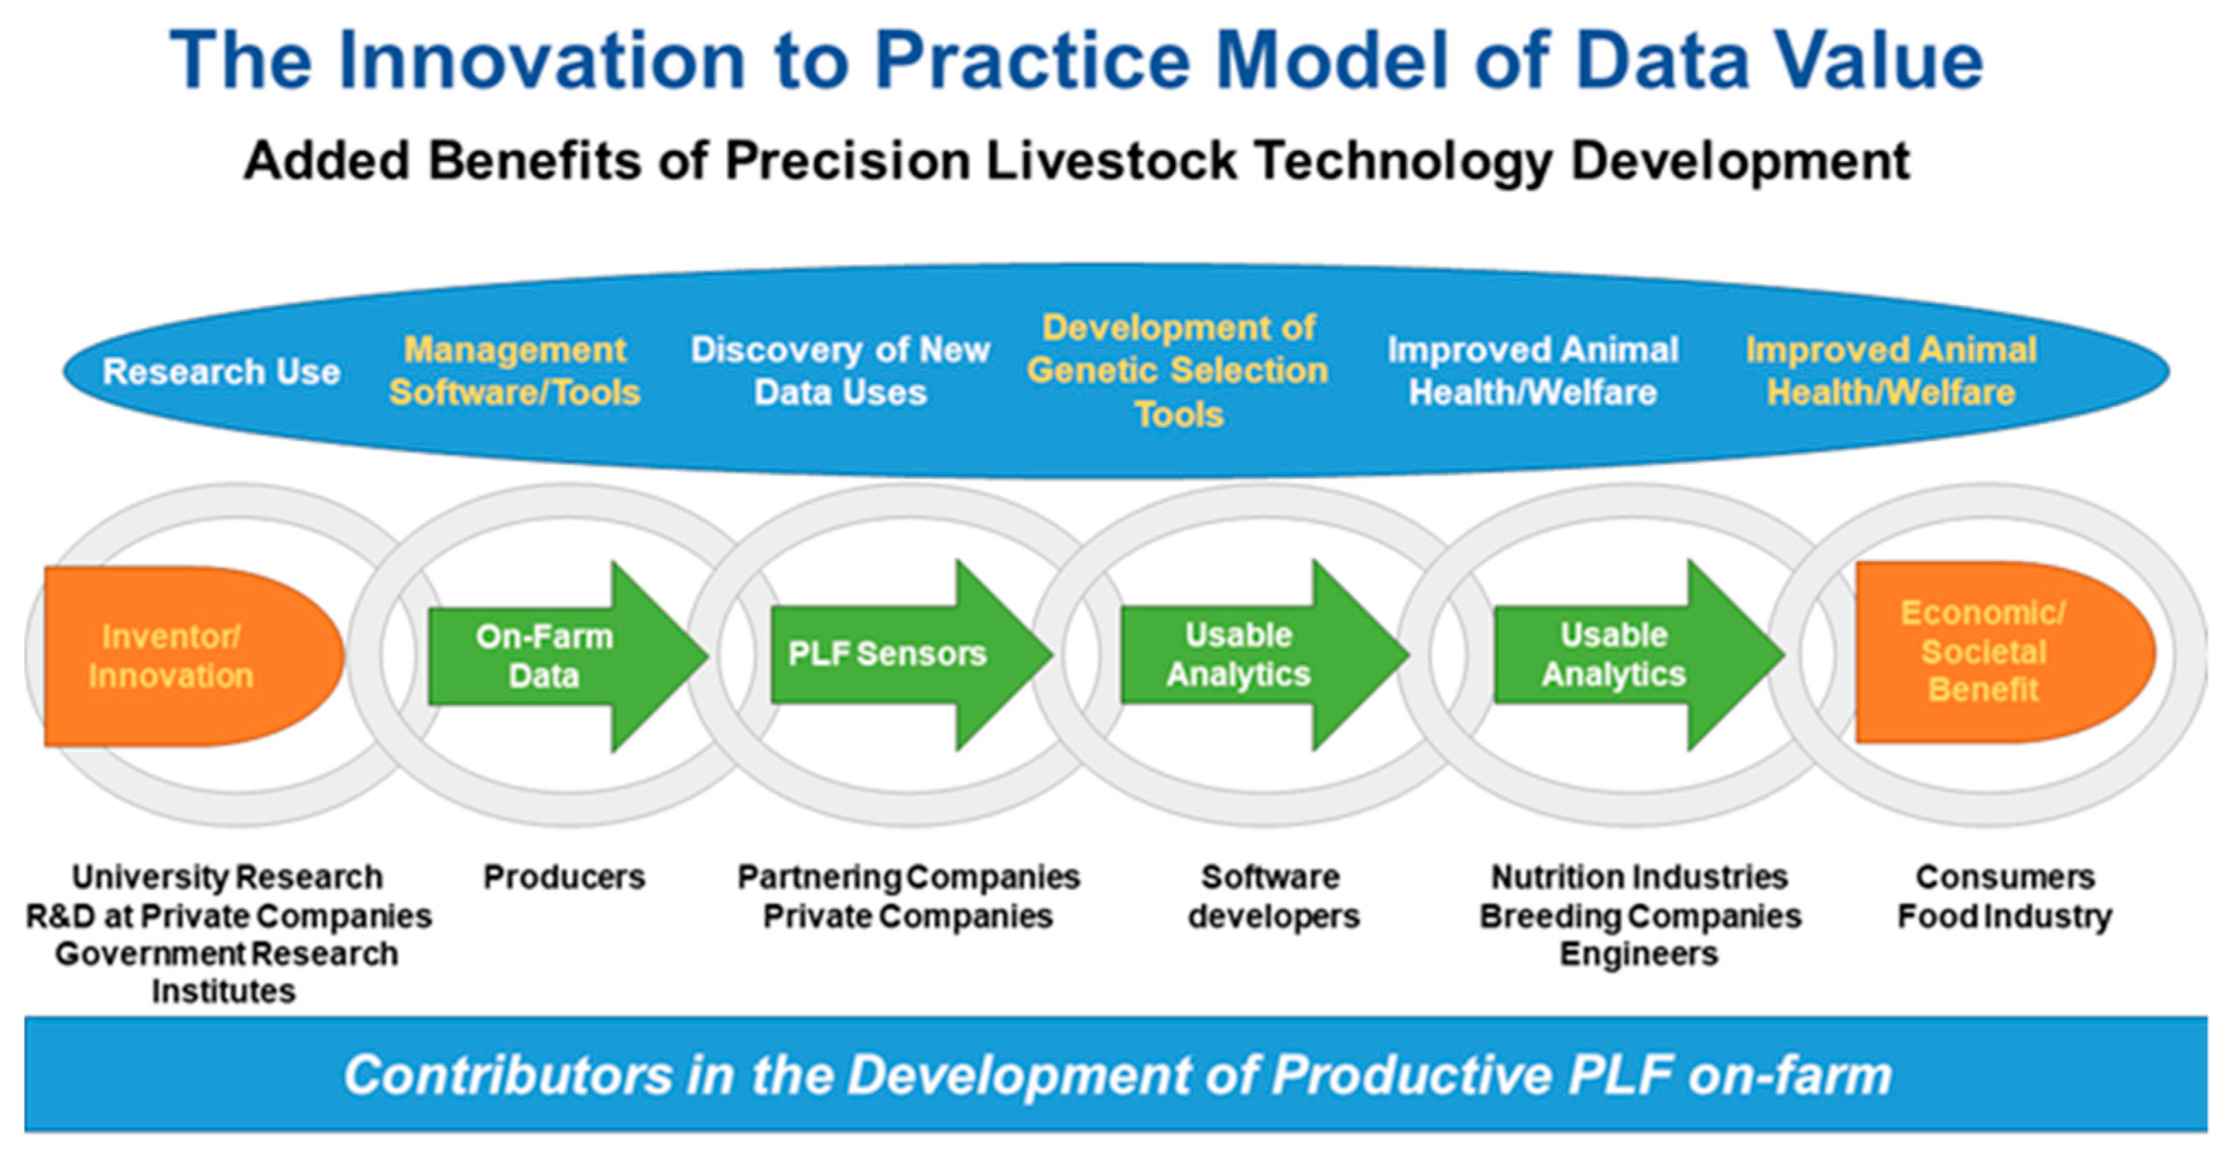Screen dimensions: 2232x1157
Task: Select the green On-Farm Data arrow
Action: [568, 656]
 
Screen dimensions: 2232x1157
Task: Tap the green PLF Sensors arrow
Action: [912, 654]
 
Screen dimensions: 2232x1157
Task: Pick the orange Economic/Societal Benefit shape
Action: [2004, 652]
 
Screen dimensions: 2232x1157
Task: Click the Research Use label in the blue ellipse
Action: [221, 372]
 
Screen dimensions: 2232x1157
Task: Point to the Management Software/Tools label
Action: [515, 371]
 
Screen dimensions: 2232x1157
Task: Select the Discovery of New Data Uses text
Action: [840, 371]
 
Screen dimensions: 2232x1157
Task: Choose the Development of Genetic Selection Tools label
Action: [1178, 371]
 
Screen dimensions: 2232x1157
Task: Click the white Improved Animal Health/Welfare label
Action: [1533, 371]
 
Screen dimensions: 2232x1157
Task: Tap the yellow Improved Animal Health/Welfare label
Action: [1891, 371]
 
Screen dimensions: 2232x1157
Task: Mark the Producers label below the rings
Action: [564, 877]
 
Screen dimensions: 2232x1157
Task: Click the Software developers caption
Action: [1273, 896]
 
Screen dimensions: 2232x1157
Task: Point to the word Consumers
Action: [2005, 877]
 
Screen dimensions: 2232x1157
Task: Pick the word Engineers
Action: [1638, 954]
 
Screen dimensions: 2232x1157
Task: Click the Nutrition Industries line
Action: [1638, 877]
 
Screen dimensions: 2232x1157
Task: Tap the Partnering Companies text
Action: [908, 877]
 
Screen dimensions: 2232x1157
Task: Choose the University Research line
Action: [227, 877]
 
